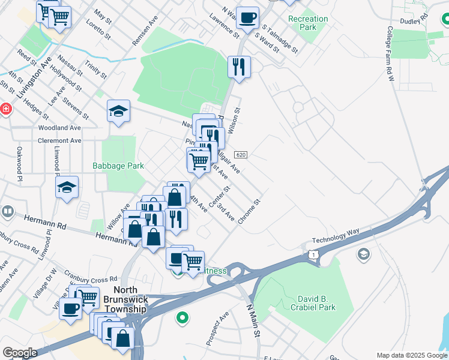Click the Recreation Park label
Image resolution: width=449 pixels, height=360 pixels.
click(308, 23)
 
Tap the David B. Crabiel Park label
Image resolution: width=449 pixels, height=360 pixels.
click(316, 303)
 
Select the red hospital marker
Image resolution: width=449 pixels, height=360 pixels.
click(5, 109)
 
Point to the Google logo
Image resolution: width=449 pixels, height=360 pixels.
click(20, 353)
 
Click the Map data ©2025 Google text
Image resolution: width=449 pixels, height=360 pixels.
click(411, 355)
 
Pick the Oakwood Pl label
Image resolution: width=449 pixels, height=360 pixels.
click(19, 163)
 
